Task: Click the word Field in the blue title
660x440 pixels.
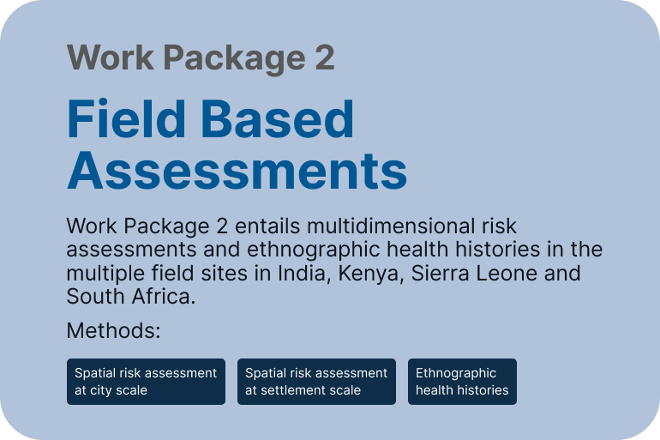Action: (x=126, y=118)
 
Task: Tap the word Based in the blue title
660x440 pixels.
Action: (x=278, y=118)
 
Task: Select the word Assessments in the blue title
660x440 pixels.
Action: (x=237, y=171)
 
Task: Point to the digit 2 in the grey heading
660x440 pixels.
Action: (x=325, y=57)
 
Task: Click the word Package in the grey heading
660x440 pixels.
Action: (x=234, y=59)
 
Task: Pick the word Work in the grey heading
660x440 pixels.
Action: (x=111, y=57)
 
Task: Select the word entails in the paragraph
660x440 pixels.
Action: (x=267, y=226)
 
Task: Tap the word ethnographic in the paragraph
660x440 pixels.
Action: (x=313, y=250)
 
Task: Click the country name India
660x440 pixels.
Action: (x=302, y=274)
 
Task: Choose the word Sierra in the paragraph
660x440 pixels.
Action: (x=440, y=273)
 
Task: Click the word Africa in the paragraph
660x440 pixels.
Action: (x=164, y=297)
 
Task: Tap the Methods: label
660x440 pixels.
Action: (x=114, y=330)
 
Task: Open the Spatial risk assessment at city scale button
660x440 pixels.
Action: (x=146, y=382)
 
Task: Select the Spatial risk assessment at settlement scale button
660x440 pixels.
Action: (x=316, y=382)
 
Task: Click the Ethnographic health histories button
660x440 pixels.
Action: (x=462, y=382)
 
